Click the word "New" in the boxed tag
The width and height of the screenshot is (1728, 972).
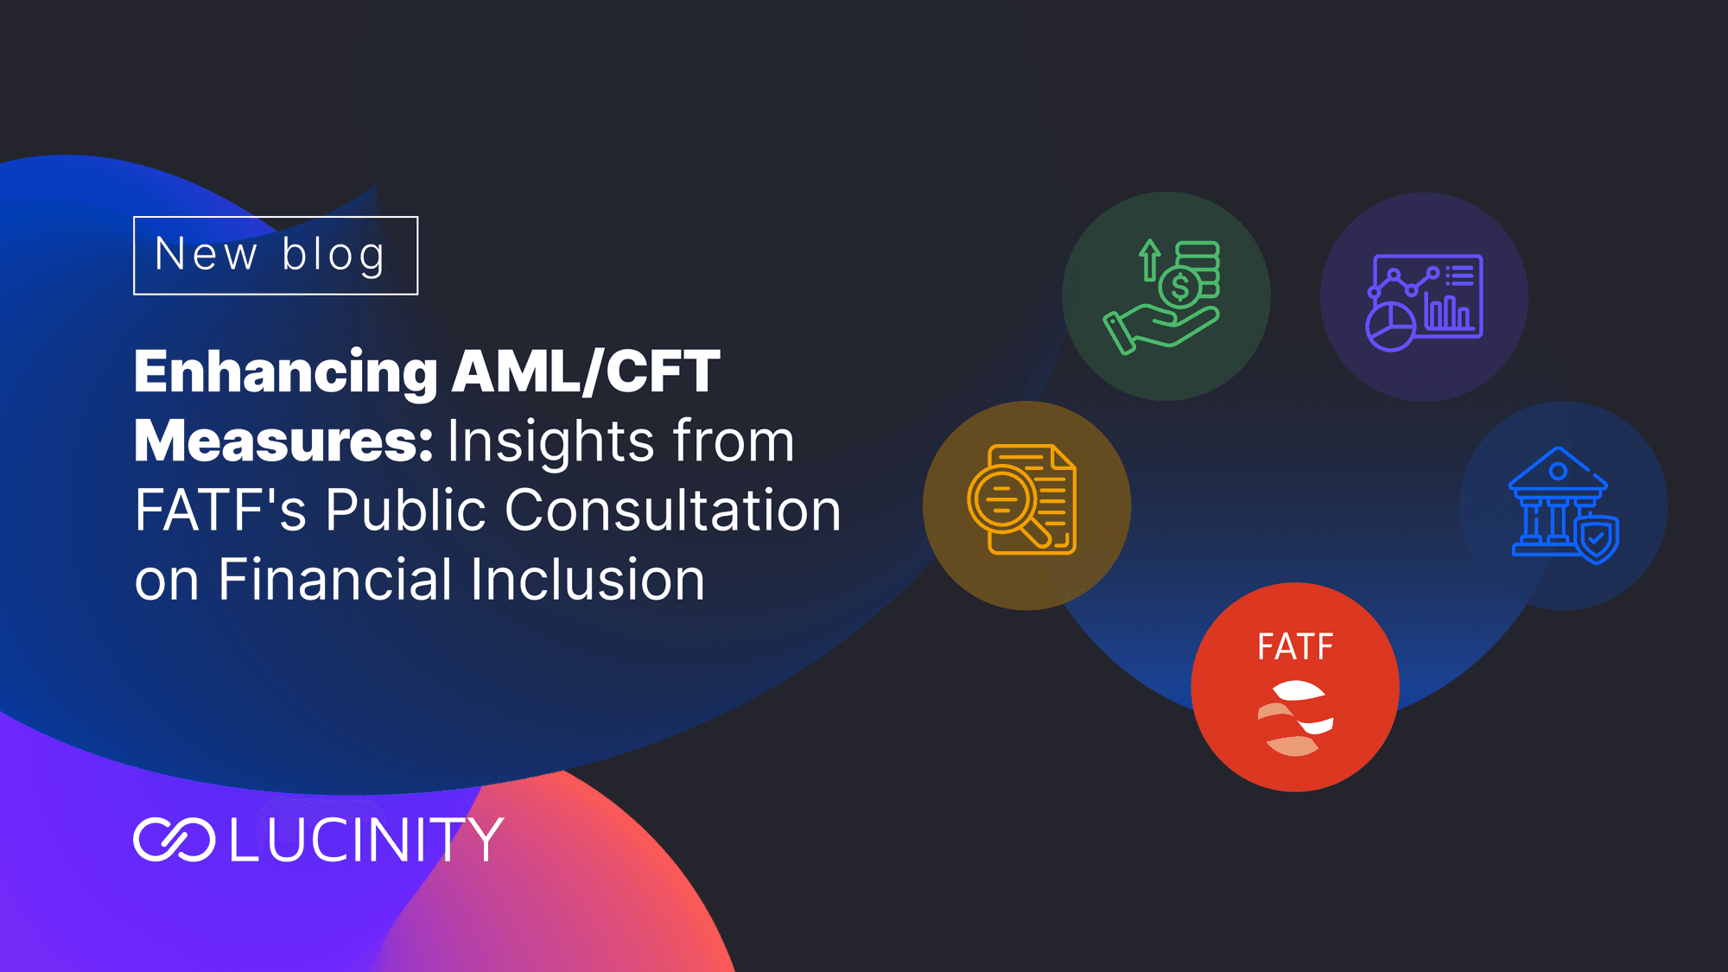click(206, 254)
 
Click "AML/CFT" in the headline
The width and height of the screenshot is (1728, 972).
click(586, 372)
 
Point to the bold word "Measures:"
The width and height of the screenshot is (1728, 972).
click(283, 442)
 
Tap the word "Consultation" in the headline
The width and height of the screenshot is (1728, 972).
click(672, 510)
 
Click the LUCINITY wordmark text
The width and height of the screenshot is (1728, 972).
click(366, 840)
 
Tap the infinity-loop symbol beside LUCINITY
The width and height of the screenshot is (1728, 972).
click(175, 840)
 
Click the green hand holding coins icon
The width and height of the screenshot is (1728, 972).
click(1162, 296)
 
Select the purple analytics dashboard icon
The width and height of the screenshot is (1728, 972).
click(1424, 302)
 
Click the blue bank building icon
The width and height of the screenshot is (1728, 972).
click(1563, 505)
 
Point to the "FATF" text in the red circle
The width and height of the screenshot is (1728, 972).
click(1295, 647)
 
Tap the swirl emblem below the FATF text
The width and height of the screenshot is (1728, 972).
click(1295, 719)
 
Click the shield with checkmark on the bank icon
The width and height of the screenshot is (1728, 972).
click(1597, 540)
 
